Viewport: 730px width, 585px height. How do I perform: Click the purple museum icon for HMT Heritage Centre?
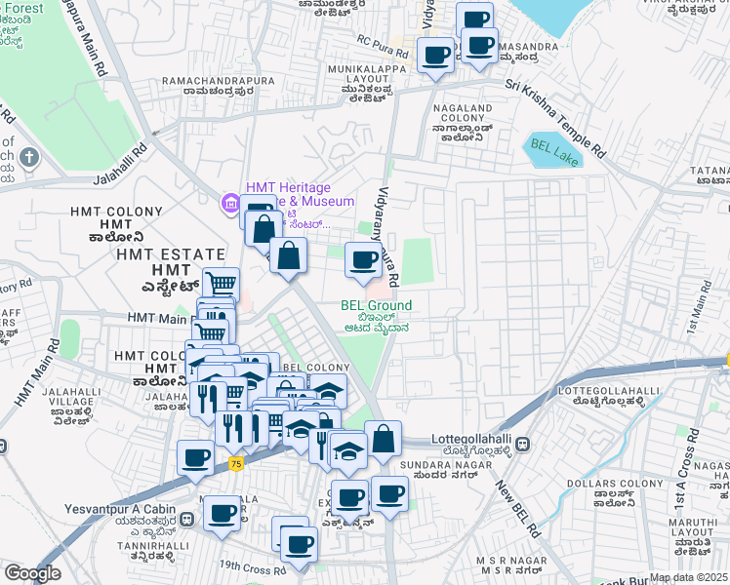(x=230, y=203)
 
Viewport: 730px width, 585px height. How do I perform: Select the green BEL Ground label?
(x=376, y=305)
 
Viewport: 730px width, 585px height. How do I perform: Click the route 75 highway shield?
(x=236, y=465)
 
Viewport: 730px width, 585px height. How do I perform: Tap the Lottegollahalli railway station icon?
(x=523, y=444)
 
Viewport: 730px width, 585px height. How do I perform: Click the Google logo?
(x=32, y=573)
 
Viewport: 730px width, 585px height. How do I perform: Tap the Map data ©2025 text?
(x=689, y=577)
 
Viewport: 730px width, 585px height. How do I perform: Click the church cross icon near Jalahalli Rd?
(x=29, y=157)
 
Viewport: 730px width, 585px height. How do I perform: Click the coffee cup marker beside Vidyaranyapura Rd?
(x=363, y=259)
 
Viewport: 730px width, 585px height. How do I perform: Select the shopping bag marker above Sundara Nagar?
(x=385, y=439)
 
